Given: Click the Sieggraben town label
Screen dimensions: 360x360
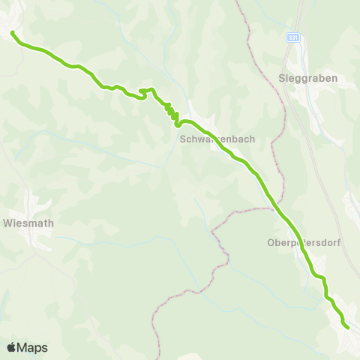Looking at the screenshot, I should click(x=307, y=78).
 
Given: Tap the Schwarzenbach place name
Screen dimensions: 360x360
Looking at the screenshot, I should click(x=209, y=139).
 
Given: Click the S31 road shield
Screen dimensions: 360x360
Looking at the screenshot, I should click(x=293, y=36).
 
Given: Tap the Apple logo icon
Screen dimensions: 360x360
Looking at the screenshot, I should click(x=11, y=347).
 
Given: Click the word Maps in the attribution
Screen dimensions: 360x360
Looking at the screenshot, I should click(x=32, y=347).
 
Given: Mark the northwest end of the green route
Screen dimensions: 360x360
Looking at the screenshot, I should click(x=12, y=32).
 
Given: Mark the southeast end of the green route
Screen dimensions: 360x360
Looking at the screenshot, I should click(x=348, y=327).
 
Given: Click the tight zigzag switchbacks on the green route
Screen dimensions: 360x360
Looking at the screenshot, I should click(x=172, y=112).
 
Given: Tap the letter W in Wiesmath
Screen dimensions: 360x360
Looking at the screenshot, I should click(x=7, y=223).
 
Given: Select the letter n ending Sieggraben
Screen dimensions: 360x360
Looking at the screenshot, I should click(x=334, y=78).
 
